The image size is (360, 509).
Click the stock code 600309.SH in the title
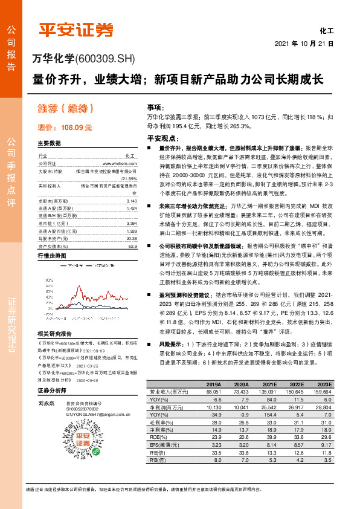click(x=105, y=59)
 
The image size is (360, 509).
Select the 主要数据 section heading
click(x=49, y=144)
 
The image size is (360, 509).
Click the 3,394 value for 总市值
click(x=132, y=222)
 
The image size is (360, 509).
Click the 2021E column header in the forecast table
click(x=269, y=384)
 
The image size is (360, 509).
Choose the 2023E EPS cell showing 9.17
click(x=325, y=444)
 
